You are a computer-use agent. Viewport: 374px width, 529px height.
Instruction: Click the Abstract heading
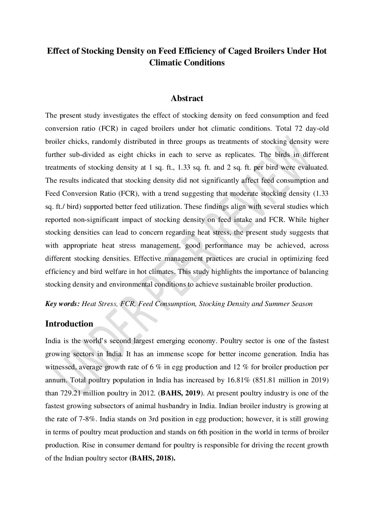click(187, 98)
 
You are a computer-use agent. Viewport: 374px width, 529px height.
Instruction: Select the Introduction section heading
click(69, 324)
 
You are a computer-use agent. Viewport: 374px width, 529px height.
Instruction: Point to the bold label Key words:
click(62, 304)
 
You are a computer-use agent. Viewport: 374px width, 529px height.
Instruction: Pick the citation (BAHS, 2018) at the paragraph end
click(152, 458)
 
